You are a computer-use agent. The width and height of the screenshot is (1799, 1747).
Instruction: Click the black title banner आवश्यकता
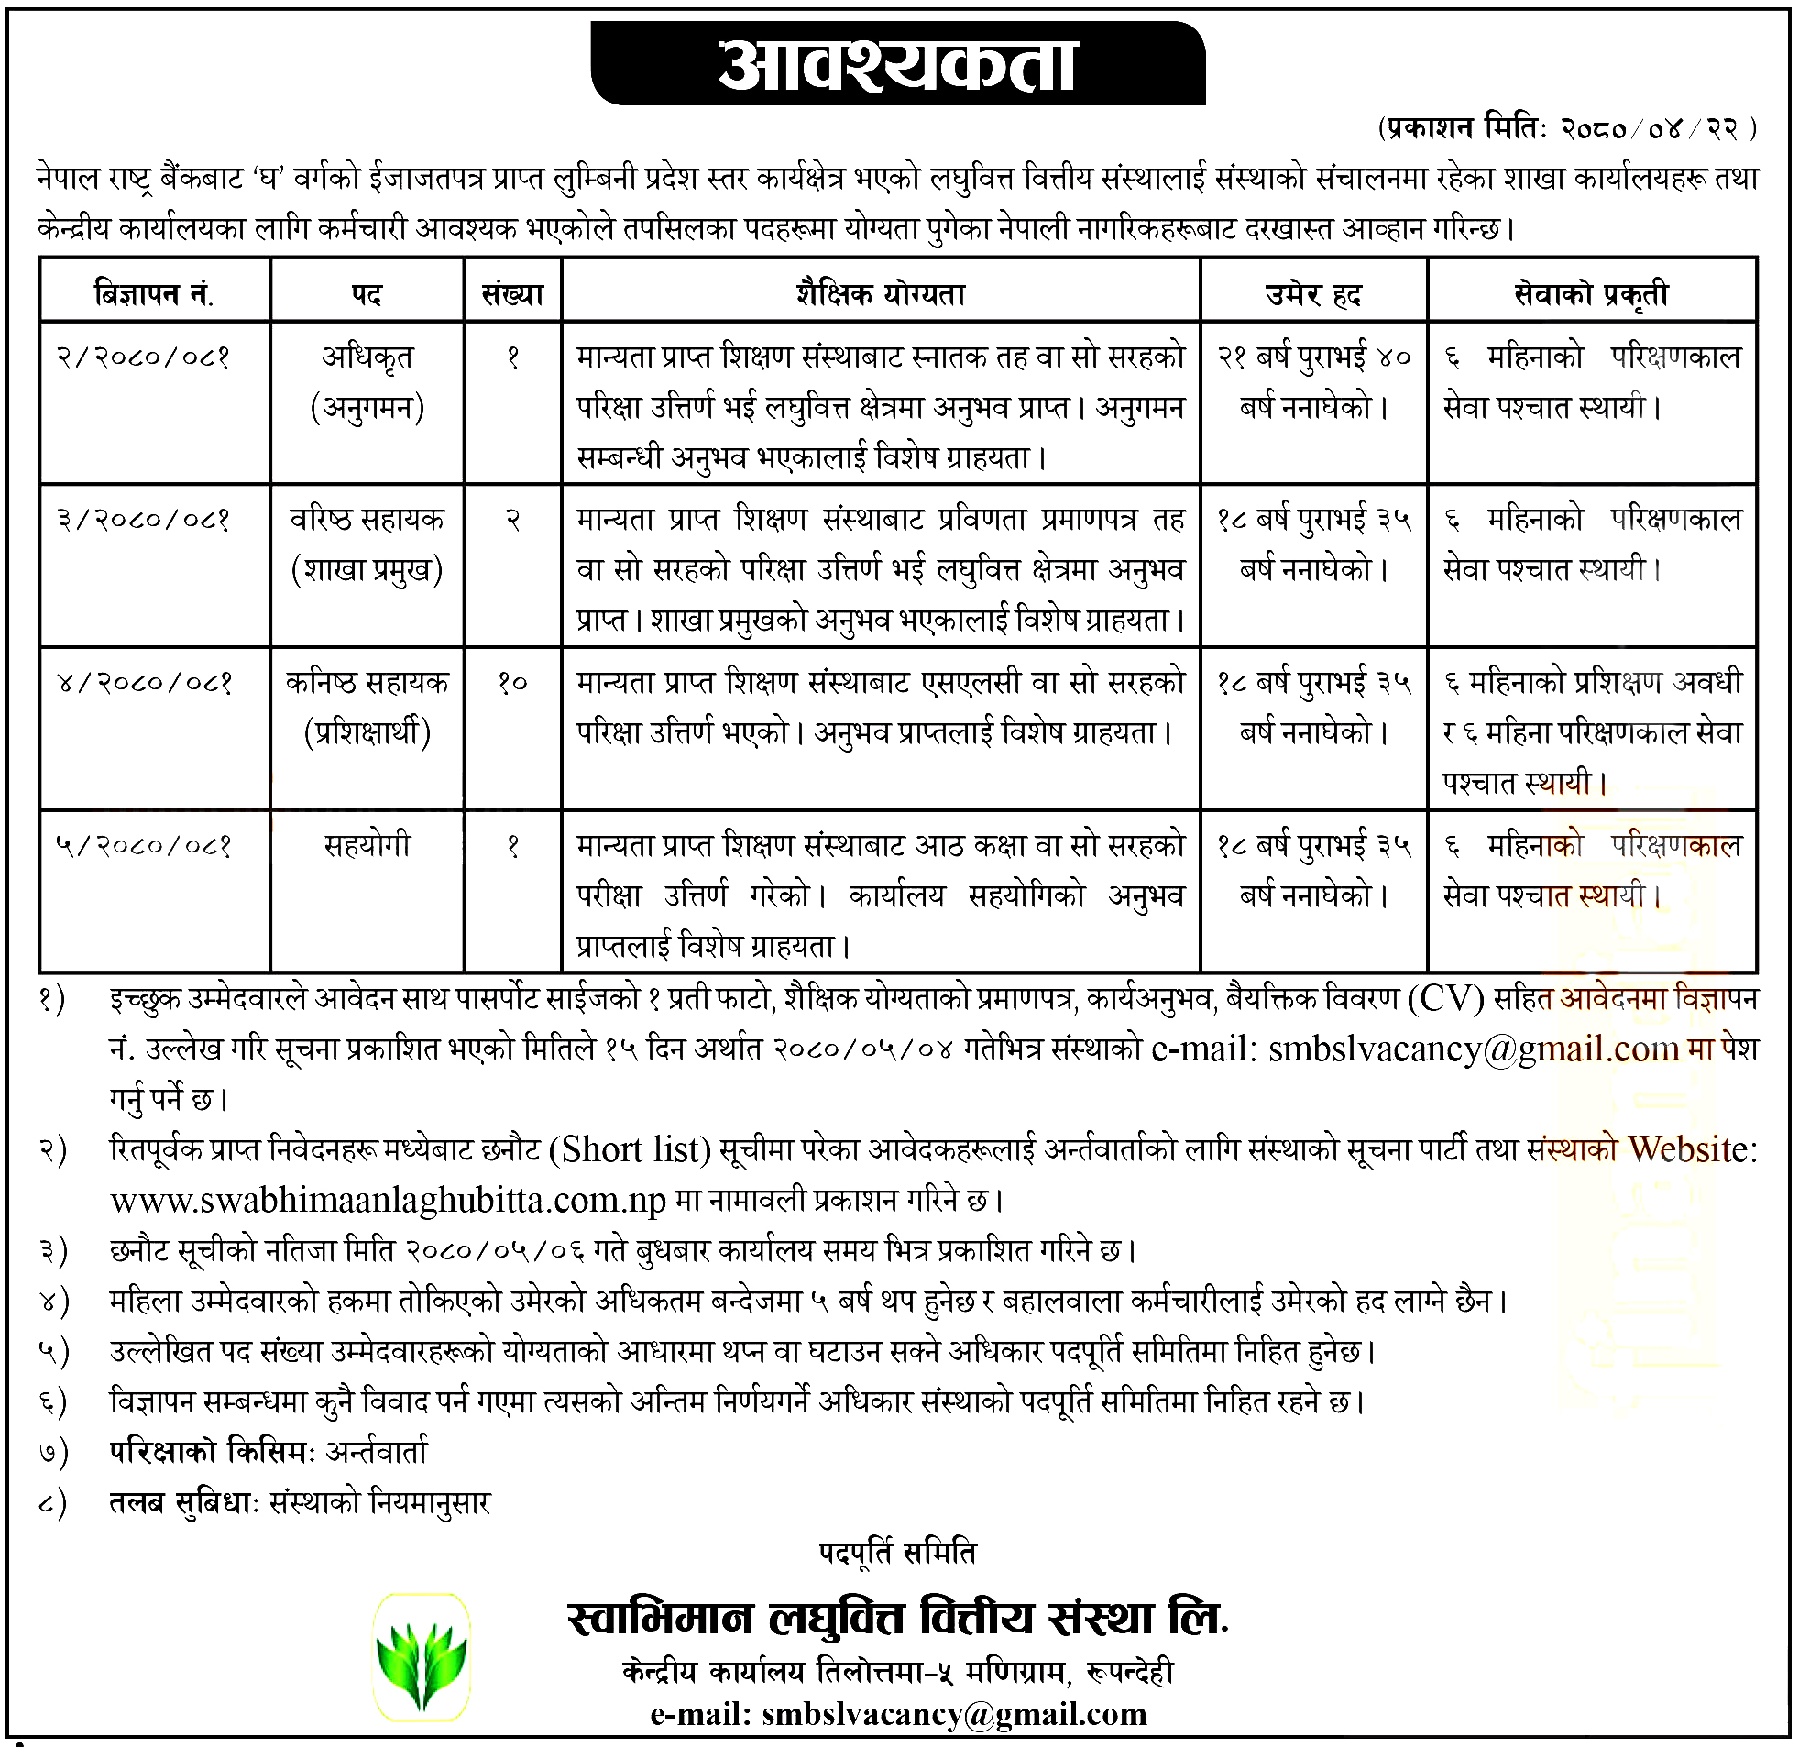pyautogui.click(x=896, y=64)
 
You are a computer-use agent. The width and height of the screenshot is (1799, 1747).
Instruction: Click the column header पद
pyautogui.click(x=367, y=295)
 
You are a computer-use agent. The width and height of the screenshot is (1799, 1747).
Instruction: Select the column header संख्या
pyautogui.click(x=513, y=295)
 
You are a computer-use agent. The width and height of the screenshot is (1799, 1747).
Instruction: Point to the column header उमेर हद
pyautogui.click(x=1312, y=295)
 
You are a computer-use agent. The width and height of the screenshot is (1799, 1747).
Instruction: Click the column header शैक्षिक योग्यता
pyautogui.click(x=880, y=295)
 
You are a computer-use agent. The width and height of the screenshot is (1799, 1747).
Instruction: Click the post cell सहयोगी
pyautogui.click(x=367, y=845)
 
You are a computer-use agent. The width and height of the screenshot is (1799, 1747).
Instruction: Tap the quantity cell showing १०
pyautogui.click(x=512, y=683)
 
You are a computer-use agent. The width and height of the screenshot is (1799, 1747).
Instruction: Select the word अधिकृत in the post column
pyautogui.click(x=367, y=357)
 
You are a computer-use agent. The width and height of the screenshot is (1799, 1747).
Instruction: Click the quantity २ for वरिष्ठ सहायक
pyautogui.click(x=513, y=521)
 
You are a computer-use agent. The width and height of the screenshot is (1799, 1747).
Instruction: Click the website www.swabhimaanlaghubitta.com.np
pyautogui.click(x=389, y=1201)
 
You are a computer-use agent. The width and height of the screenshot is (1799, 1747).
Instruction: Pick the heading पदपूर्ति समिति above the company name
pyautogui.click(x=896, y=1554)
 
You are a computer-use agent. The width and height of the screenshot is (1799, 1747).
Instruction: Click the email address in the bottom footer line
pyautogui.click(x=954, y=1714)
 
